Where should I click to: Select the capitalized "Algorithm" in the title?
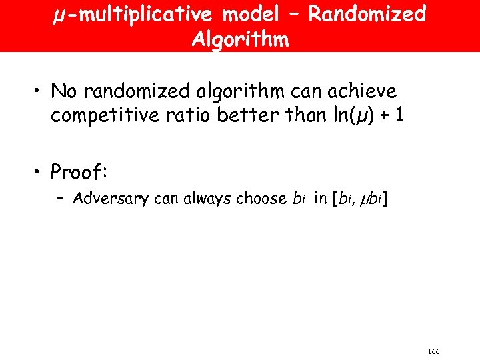coord(240,39)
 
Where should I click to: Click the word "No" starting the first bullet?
coord(63,91)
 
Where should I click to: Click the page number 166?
coord(433,351)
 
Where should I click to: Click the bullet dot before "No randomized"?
coord(40,91)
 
